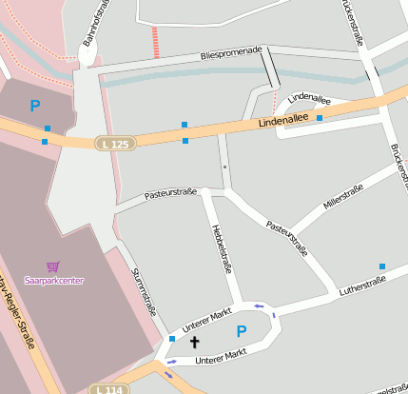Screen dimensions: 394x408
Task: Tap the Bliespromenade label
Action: tap(231, 56)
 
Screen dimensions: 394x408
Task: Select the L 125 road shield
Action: tap(115, 143)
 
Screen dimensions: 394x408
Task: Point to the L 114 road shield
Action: tap(108, 388)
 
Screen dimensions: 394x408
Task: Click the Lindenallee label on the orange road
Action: tap(282, 119)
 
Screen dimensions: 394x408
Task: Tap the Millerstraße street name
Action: tap(342, 197)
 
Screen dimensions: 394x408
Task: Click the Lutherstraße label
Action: tap(363, 285)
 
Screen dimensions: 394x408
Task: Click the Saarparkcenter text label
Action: tap(53, 281)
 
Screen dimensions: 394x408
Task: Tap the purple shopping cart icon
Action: tap(52, 267)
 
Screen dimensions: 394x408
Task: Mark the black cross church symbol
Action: tap(195, 341)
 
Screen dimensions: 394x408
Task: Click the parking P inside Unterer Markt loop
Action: tap(242, 331)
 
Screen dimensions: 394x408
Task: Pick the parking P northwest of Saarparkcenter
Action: tap(35, 107)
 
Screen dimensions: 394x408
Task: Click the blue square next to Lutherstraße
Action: tap(382, 266)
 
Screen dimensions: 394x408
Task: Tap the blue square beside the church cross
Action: tap(172, 338)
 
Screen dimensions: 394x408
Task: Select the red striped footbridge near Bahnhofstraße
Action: tap(155, 42)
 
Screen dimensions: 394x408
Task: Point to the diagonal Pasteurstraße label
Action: tap(286, 240)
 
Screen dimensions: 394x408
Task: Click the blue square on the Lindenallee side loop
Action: tap(320, 118)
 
